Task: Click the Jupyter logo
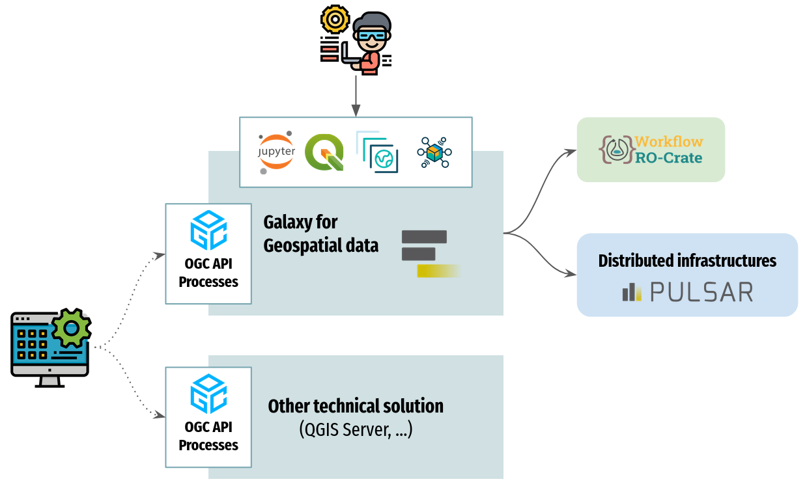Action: tap(277, 152)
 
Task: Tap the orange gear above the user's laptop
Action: tap(335, 20)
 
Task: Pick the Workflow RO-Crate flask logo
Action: tap(615, 149)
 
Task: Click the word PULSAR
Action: tap(701, 292)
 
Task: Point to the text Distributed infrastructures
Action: tap(687, 261)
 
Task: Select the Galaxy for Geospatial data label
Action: tap(320, 234)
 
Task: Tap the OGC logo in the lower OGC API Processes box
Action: tap(208, 394)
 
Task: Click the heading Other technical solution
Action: tap(356, 406)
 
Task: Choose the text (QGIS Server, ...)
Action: tap(356, 429)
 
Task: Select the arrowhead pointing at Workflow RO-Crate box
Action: tap(572, 152)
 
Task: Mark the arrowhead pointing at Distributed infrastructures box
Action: tap(572, 273)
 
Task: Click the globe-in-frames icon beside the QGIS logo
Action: tap(378, 152)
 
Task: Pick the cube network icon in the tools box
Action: tap(434, 153)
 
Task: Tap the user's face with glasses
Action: tap(371, 40)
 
